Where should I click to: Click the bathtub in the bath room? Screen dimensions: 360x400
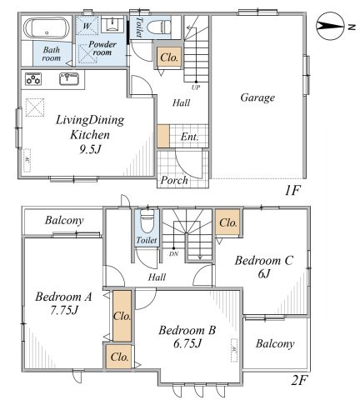pos(47,29)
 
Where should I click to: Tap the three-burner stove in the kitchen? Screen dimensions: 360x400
pos(33,79)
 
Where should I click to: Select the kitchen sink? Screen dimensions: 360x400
pos(69,78)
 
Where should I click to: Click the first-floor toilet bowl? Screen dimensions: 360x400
pos(158,27)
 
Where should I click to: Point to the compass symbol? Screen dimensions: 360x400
pos(330,27)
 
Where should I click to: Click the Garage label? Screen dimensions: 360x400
pos(257,97)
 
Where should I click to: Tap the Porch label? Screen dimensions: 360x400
pos(174,181)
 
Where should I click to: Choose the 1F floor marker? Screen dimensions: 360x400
pos(293,191)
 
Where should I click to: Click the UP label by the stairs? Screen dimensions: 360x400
pos(196,87)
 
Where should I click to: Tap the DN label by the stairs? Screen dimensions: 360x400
pos(173,253)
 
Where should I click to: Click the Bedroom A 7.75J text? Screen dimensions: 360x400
pos(63,303)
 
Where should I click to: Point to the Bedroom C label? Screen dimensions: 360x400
pos(263,261)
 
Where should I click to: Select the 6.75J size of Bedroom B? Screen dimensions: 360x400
pos(187,344)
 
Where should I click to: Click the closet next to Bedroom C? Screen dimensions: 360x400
pos(227,222)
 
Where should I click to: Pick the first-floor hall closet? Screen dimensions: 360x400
pos(169,57)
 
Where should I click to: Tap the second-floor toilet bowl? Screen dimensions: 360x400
pos(147,220)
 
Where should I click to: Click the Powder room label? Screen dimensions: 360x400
pos(102,48)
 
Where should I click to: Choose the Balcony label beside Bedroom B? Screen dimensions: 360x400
pos(275,344)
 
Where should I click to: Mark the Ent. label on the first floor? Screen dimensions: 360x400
pos(190,137)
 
